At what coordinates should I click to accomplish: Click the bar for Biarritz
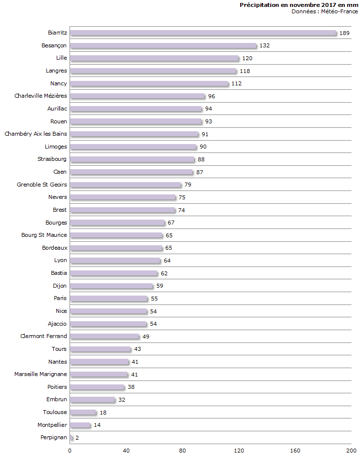[203, 33]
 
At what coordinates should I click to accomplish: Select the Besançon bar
[163, 46]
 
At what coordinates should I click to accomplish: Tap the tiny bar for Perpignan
[72, 438]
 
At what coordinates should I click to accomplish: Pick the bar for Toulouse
[83, 413]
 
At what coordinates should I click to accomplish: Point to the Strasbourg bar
[132, 159]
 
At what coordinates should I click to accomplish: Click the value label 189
[345, 33]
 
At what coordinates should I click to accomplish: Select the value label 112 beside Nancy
[236, 84]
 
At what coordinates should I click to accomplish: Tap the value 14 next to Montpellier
[97, 425]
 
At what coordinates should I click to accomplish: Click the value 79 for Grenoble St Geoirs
[187, 185]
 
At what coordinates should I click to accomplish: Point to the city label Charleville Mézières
[41, 96]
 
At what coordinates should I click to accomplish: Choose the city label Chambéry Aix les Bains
[36, 134]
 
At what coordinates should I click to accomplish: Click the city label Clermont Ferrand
[44, 336]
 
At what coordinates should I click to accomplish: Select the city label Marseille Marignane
[41, 374]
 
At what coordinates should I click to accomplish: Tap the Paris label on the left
[60, 298]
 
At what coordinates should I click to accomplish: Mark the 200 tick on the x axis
[351, 450]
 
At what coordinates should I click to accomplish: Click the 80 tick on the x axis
[182, 450]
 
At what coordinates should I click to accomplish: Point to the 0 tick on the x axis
[70, 450]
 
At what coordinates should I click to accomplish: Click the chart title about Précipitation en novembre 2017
[299, 5]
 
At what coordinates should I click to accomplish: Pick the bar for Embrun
[93, 400]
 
